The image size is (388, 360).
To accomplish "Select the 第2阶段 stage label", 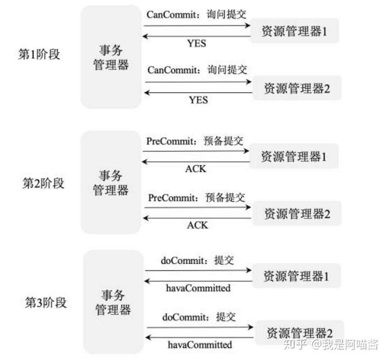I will (x=43, y=183).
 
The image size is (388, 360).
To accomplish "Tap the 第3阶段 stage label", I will (x=46, y=302).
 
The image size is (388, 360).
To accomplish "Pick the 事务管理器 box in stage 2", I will (x=111, y=183).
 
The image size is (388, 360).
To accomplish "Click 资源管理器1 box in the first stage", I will (x=295, y=31).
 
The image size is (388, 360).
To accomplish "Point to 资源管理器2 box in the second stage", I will (x=297, y=214).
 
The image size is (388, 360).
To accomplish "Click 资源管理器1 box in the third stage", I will (x=296, y=276).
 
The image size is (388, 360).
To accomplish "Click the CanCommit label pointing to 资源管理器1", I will (x=197, y=14).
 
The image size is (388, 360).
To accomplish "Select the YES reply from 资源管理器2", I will (x=198, y=100).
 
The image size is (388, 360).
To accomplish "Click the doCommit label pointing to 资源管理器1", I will (x=198, y=260).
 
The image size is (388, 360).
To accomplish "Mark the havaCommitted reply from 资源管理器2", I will (x=200, y=344).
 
